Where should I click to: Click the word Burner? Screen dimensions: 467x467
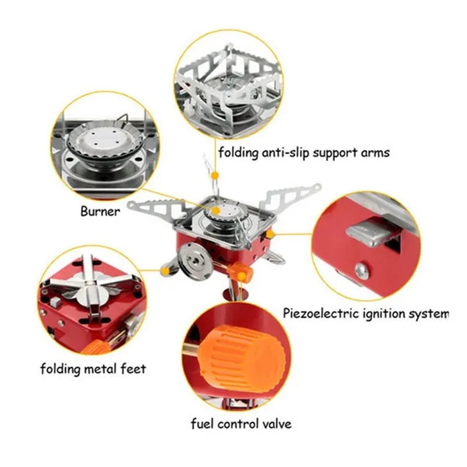coord(100,211)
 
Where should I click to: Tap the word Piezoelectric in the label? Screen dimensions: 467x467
coord(320,313)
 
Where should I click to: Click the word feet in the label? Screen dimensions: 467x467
coord(133,368)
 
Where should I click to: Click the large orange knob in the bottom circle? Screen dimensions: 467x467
coord(241,356)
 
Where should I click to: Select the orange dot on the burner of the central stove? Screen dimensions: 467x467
coord(216,210)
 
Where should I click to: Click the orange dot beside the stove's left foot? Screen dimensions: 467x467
coord(165,270)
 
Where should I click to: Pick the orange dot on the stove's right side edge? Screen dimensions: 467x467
coord(270,234)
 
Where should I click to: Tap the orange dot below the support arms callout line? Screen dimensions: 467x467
coord(214,176)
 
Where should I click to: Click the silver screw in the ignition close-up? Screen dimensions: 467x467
coord(362,270)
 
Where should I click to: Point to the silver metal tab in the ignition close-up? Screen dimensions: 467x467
coord(372,231)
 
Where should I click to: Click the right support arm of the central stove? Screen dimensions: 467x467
coord(290,197)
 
